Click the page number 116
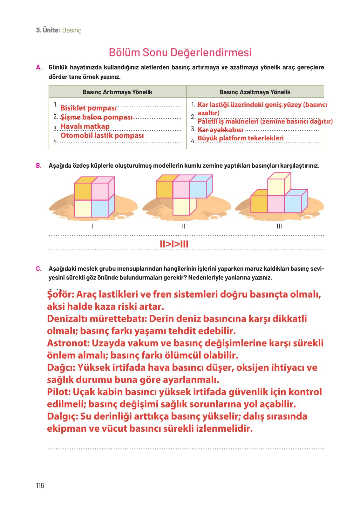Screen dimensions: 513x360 [40, 485]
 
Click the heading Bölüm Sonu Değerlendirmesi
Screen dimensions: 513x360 [180, 52]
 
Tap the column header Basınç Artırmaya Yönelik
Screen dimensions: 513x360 [117, 92]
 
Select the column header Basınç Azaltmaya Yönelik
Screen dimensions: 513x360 [255, 92]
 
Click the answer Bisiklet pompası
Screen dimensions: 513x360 [88, 108]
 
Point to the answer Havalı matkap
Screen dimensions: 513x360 [85, 126]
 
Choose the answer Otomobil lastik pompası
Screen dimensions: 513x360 [102, 136]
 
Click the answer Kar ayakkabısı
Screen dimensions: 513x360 [220, 130]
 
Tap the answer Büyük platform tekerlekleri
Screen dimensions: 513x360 [241, 138]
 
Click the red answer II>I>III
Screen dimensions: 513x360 [174, 244]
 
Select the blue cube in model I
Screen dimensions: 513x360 [99, 208]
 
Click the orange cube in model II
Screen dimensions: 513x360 [164, 190]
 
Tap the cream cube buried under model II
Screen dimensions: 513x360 [181, 206]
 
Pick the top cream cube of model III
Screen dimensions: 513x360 [276, 187]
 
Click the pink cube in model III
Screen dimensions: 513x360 [276, 204]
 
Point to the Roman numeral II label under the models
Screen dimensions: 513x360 [184, 226]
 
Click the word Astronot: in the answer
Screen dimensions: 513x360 [68, 343]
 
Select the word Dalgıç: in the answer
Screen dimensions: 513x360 [62, 416]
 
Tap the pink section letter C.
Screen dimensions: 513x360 [39, 269]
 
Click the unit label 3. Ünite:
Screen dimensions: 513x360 [48, 30]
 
